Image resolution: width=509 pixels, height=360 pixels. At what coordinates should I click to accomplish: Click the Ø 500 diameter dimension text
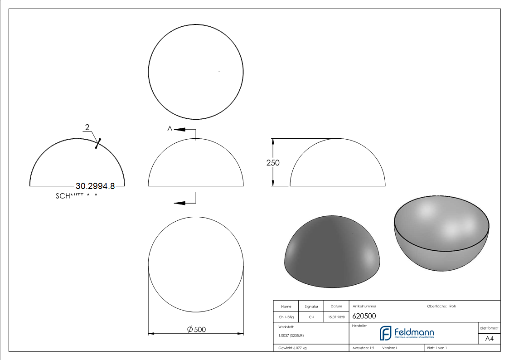pos(196,330)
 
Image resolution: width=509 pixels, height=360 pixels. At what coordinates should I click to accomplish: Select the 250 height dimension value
pos(273,163)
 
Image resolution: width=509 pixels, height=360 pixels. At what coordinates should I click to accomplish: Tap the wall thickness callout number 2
pos(87,127)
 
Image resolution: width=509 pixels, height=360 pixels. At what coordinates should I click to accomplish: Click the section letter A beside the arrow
pos(170,129)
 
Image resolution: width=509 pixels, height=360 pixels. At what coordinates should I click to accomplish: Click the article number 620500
pos(364,316)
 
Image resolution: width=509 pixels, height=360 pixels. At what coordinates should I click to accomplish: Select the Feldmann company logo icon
pos(385,333)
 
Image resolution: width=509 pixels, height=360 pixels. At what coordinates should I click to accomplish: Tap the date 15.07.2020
pos(336,317)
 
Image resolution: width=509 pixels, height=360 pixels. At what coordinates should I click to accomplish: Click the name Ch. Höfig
pos(286,317)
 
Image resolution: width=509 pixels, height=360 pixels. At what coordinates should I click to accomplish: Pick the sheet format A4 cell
pos(489,338)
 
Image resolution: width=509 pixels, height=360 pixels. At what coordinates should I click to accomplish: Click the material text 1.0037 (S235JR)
pos(291,336)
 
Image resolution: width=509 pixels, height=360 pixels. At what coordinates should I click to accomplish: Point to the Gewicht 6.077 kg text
pos(292,348)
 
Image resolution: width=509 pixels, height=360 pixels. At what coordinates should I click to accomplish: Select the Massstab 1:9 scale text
pos(363,348)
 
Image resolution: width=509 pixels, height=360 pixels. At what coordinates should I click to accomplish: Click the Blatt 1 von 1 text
pos(437,348)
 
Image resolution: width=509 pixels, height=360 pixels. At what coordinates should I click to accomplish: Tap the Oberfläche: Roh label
pos(441,306)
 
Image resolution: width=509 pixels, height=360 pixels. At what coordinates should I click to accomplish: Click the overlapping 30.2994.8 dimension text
pos(95,186)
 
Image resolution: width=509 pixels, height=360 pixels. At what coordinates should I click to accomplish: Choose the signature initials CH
pos(311,317)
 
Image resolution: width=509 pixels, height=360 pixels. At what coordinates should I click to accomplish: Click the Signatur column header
pos(311,306)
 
